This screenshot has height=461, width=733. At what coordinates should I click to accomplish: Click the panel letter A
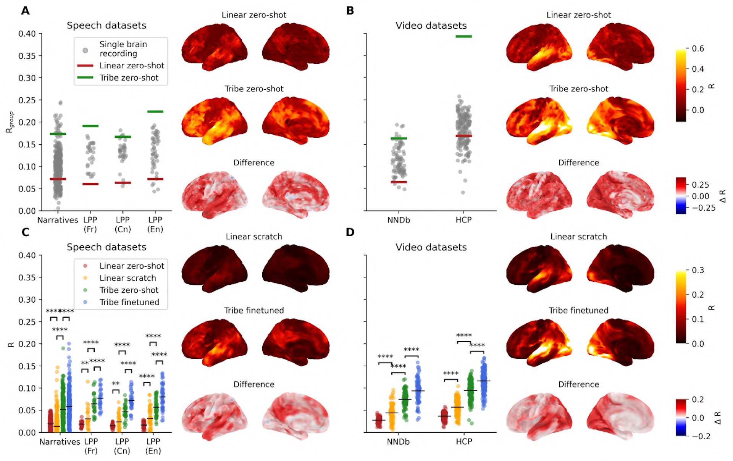coord(25,11)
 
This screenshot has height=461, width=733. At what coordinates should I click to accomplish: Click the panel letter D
coord(350,232)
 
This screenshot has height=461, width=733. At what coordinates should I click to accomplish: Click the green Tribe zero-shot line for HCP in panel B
coord(463,37)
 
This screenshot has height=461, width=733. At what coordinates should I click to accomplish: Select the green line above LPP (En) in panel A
coord(155,112)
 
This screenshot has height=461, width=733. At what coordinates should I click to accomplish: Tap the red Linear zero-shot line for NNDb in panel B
coord(399,182)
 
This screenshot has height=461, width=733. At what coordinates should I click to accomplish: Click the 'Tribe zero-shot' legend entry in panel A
coord(129,78)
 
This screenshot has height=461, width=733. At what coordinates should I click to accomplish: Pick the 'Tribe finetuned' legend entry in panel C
coord(129,302)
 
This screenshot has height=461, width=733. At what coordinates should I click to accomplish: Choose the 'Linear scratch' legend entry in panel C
coord(128,278)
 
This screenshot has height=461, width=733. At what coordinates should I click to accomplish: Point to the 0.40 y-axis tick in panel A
coord(27,34)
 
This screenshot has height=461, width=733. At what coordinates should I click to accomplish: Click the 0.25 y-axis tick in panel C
coord(27,322)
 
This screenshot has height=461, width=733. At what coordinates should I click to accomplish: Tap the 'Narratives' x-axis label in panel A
coord(58,220)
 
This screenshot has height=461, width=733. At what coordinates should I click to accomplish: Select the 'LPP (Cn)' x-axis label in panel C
coord(122,446)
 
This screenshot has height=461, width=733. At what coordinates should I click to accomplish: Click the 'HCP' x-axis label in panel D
coord(464,442)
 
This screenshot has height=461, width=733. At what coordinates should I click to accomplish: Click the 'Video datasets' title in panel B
coord(431,26)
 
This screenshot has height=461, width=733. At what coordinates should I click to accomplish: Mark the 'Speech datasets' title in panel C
coord(107,247)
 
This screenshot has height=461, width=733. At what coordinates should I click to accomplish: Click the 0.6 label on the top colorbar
coord(697,49)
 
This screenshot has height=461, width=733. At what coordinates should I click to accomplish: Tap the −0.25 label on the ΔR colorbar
coord(703,208)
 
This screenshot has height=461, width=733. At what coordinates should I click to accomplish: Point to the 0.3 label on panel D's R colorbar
coord(697,270)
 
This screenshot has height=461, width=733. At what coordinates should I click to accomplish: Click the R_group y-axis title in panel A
coord(10,122)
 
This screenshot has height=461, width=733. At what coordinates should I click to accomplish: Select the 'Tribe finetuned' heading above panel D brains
coord(578,311)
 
